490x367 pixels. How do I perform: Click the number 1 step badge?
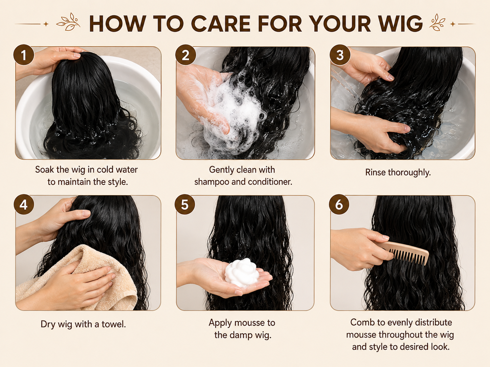pos(24,55)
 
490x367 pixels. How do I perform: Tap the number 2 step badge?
pos(185,55)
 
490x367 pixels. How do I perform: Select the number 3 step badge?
pos(340,55)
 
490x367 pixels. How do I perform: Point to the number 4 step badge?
pos(24,204)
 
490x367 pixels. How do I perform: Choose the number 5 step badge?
pos(185,204)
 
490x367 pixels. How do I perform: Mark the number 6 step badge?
pos(339,204)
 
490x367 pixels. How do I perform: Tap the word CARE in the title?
pos(221,23)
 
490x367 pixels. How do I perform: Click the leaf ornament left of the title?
pos(68,22)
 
